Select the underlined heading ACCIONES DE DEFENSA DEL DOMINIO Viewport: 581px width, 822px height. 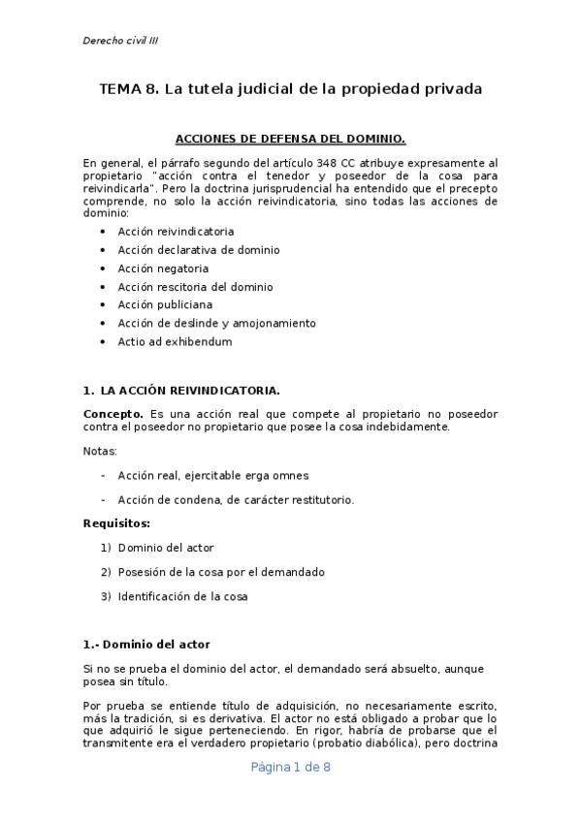coord(290,139)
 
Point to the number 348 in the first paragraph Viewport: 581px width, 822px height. coord(339,163)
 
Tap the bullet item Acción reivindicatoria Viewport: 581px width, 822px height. coord(176,232)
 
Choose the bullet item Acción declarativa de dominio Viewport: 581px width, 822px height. coord(199,250)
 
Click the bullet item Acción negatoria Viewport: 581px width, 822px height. coord(163,269)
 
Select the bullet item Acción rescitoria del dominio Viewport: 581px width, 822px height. coord(195,287)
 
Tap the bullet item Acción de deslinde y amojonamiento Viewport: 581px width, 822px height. coord(216,323)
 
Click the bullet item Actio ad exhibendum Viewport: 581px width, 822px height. coord(175,341)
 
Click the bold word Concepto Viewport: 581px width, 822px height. coord(113,414)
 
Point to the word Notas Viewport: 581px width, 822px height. coord(101,452)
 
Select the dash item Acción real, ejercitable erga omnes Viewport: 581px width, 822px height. coord(212,476)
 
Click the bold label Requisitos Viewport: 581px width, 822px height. coord(116,523)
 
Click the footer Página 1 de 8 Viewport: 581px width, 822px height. coord(291,767)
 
